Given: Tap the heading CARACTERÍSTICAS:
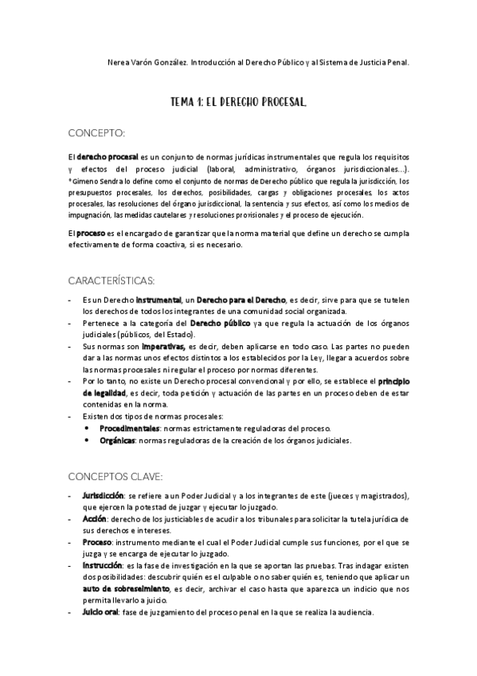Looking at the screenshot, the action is click(111, 281).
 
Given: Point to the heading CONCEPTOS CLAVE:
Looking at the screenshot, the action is click(115, 477).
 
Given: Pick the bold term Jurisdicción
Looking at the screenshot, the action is click(103, 496).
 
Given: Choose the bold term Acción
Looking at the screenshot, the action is click(94, 518).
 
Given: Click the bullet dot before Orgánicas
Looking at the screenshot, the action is click(87, 440).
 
